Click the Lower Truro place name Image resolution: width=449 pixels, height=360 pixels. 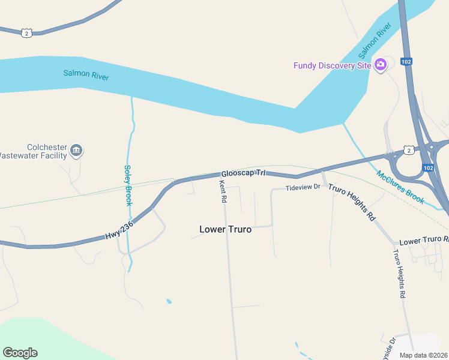[x=225, y=229]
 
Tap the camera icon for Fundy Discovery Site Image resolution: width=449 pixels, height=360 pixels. [x=380, y=65]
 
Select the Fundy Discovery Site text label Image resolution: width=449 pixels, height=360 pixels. [x=332, y=65]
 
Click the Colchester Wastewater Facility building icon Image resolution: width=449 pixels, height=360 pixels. [x=76, y=151]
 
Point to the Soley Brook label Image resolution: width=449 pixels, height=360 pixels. [x=128, y=185]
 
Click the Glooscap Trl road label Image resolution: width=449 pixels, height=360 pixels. [x=243, y=172]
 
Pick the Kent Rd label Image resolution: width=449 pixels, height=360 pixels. [x=223, y=191]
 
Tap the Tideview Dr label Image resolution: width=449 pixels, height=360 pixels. [x=303, y=188]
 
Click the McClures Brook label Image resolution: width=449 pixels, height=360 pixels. [x=400, y=187]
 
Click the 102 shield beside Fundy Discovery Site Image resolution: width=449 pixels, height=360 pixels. [x=406, y=61]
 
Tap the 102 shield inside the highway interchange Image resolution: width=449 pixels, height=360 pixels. [x=426, y=168]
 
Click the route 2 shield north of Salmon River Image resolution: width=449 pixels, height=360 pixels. [x=26, y=33]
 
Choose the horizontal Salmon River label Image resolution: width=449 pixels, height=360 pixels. [x=86, y=75]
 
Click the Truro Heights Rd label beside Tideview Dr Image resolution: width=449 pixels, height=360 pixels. [x=352, y=203]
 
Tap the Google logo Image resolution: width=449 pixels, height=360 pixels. [x=20, y=353]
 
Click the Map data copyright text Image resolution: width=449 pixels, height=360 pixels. [x=423, y=355]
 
